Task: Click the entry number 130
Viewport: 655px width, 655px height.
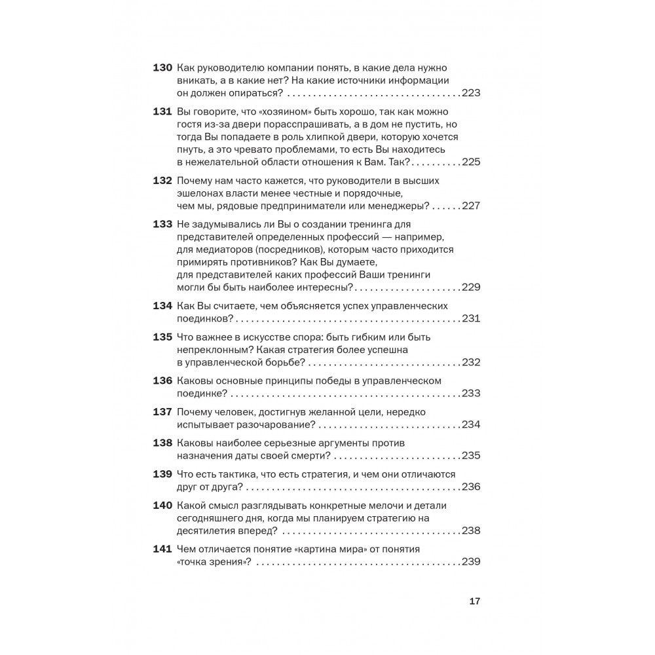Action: coord(162,68)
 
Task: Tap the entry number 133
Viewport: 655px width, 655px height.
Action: coord(162,225)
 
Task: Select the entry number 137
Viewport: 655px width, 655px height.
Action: coord(162,412)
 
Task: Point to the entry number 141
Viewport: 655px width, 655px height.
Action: coord(162,548)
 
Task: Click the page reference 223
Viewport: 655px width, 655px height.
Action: coord(471,93)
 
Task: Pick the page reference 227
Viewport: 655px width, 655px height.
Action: coord(471,206)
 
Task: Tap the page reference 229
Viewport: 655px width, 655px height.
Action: coord(471,287)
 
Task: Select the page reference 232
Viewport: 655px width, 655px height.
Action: coord(471,362)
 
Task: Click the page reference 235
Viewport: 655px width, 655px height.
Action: coord(471,456)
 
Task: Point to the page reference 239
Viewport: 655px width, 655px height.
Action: coord(471,561)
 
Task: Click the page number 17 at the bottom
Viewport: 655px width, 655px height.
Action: coord(476,601)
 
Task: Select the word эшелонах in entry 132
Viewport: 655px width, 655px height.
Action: coord(200,193)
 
